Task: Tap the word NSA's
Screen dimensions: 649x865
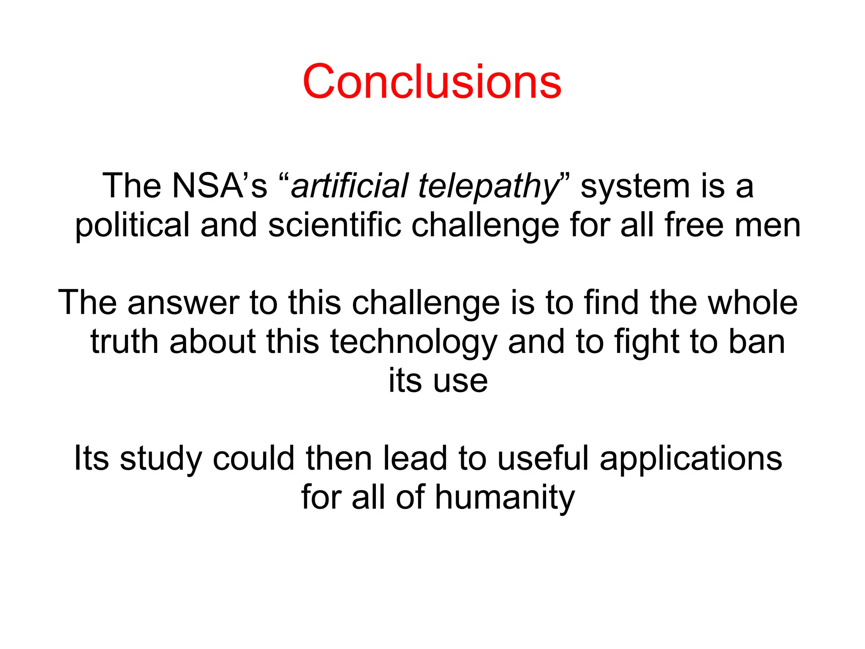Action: [x=220, y=186]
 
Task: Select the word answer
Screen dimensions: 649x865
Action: [x=183, y=303]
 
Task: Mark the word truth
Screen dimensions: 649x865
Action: [x=125, y=341]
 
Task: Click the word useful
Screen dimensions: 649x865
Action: [x=543, y=458]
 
